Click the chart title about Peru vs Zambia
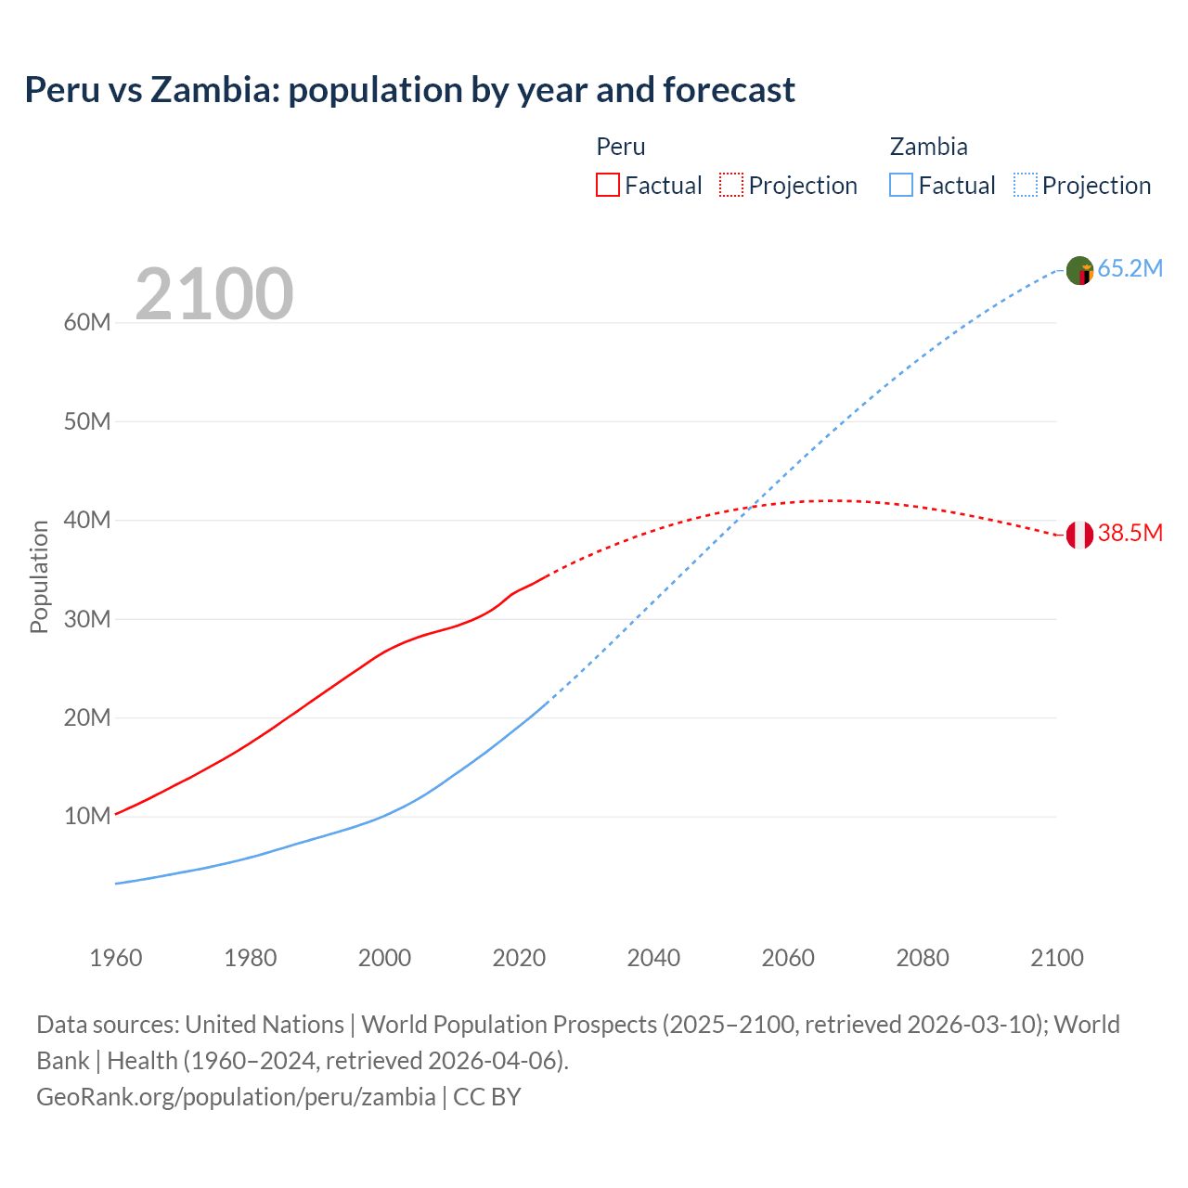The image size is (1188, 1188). (x=409, y=90)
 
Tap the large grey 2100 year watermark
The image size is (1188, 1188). (x=214, y=294)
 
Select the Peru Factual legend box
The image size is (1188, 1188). (x=608, y=185)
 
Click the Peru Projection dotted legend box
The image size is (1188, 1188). (x=731, y=185)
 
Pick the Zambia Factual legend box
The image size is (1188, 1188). (x=901, y=185)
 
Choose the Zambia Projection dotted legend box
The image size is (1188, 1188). (x=1025, y=185)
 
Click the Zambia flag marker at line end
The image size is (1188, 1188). (x=1079, y=270)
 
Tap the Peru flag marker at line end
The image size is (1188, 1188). (x=1079, y=535)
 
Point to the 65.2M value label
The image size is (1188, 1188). (x=1130, y=269)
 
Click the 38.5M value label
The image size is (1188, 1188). (x=1130, y=534)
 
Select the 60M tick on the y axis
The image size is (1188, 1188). (x=87, y=323)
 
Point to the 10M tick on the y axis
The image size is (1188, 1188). (x=87, y=817)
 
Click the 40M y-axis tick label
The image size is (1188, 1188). (x=87, y=521)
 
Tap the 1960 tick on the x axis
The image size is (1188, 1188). (x=116, y=958)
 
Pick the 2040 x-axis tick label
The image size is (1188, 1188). (x=653, y=958)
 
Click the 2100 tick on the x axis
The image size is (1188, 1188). (x=1057, y=958)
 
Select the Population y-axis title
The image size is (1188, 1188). (x=39, y=576)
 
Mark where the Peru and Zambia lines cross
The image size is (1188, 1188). (x=754, y=506)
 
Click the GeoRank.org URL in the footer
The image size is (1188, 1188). (x=236, y=1097)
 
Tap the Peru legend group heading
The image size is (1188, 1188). (x=620, y=147)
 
